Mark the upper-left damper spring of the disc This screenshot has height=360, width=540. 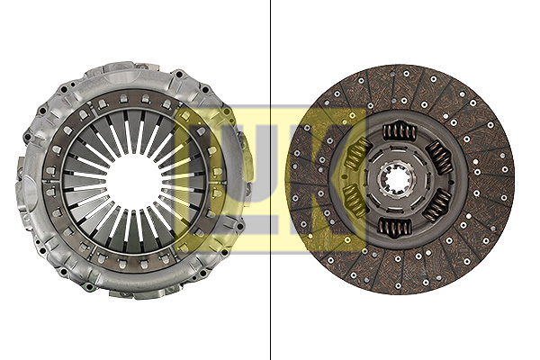pos(355,154)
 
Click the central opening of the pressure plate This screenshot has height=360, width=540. pos(134,179)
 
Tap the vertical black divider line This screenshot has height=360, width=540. pos(270,180)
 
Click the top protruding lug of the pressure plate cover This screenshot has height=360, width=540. pos(135,68)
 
